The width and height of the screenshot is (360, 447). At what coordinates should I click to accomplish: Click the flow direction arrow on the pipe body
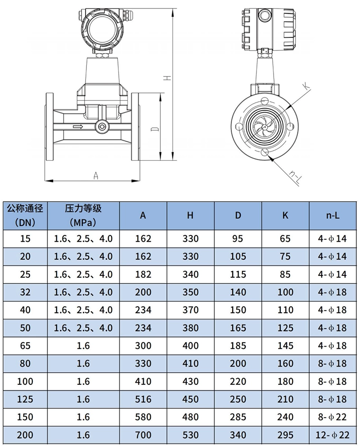78,126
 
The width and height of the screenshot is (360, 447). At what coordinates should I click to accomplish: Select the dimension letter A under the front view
96,176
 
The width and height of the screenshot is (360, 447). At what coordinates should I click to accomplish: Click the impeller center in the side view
265,127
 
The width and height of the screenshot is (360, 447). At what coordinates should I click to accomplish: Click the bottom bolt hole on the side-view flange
265,152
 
